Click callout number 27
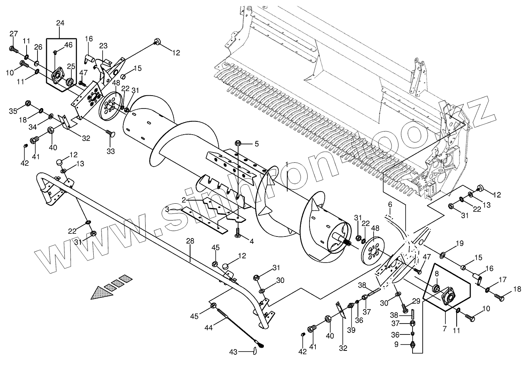click(x=14, y=34)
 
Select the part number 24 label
click(x=60, y=23)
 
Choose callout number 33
click(x=111, y=151)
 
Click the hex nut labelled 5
click(x=237, y=143)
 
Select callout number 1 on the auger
click(x=286, y=164)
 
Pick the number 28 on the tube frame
click(x=190, y=242)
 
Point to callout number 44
click(x=208, y=328)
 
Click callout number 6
click(x=390, y=204)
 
